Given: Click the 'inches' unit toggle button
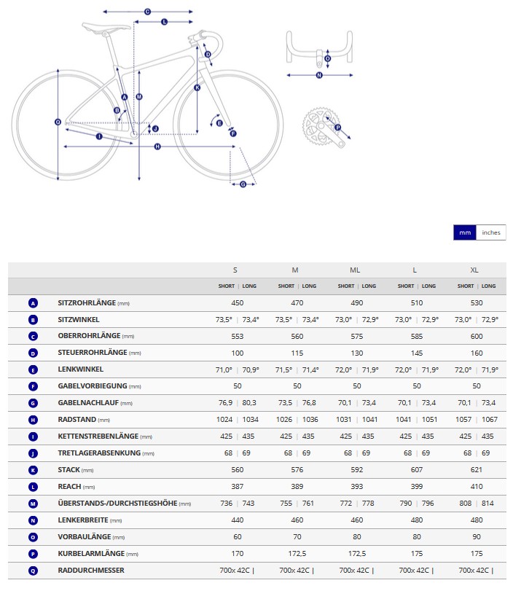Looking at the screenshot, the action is pos(490,232).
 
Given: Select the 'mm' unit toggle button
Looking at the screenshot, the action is pos(465,232).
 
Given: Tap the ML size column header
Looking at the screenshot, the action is pos(355,270).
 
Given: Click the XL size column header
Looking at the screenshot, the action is pos(474,270).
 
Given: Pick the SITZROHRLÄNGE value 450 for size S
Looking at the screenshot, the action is pos(237,302).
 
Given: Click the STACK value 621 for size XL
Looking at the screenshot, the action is pos(476,469).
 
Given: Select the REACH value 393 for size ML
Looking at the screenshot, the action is pos(356,486).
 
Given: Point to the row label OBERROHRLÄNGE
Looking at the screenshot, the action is pos(89,336).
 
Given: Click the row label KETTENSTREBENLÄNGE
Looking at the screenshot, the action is pos(98,436).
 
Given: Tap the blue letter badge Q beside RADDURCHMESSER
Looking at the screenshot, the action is pos(34,571).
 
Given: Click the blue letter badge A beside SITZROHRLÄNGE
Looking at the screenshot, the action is pos(34,303).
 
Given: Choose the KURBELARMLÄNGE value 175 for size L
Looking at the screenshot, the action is pos(417,553).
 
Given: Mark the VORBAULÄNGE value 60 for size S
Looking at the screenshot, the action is pos(237,537).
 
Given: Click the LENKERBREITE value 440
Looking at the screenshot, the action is pos(237,520).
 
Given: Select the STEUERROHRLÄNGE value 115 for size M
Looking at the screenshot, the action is pos(297,353).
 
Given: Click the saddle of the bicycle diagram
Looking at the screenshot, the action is pos(106,27).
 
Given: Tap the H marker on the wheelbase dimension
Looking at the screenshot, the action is pos(157,146).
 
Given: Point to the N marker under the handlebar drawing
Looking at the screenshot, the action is pos(319,75).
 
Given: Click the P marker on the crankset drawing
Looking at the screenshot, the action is pos(337,128).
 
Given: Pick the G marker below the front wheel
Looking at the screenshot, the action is pos(243,184).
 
